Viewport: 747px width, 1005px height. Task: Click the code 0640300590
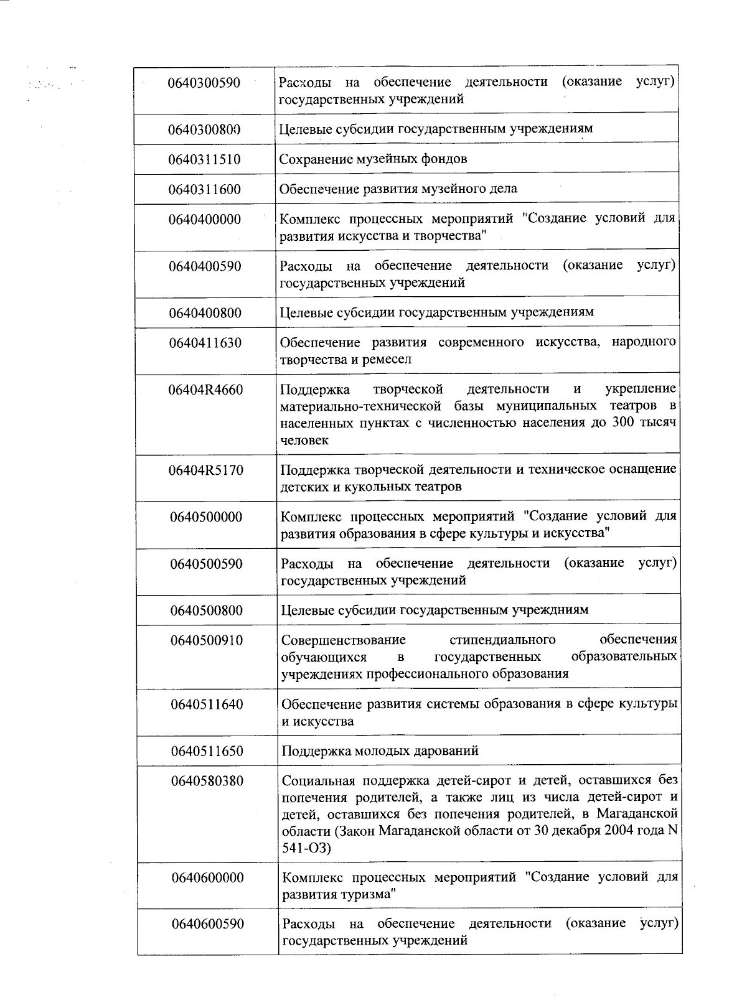(204, 82)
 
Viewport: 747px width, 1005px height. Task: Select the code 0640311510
(204, 159)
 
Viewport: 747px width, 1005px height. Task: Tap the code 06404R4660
(205, 391)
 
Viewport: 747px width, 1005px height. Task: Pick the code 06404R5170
(205, 470)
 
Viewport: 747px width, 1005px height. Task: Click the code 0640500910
(207, 640)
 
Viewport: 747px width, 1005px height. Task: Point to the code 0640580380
(207, 781)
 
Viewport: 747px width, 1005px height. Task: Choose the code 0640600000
(208, 877)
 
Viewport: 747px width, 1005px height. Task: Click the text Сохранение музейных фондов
(373, 159)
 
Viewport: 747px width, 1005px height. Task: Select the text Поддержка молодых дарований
(380, 750)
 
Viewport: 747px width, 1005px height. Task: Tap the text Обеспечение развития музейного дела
(398, 189)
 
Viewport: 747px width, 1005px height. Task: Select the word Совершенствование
(343, 640)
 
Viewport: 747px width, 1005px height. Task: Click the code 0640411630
(205, 343)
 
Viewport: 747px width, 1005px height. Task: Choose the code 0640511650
(207, 751)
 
